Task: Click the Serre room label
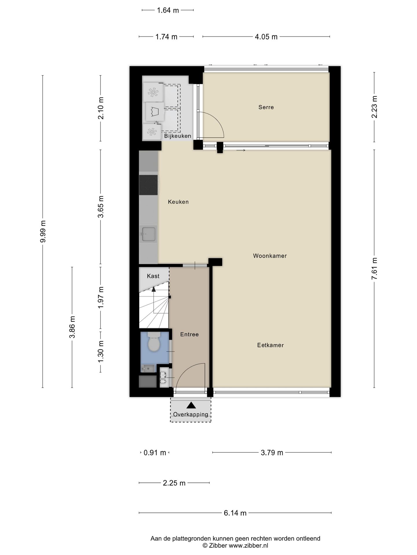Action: click(266, 107)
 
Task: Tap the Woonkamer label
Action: click(270, 256)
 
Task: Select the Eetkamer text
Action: click(270, 345)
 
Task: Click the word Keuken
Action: click(178, 202)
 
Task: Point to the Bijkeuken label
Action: click(178, 136)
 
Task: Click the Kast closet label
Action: click(153, 276)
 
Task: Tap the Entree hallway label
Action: click(189, 334)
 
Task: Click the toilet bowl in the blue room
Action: click(154, 344)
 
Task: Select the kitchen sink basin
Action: click(148, 234)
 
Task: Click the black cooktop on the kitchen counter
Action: click(148, 185)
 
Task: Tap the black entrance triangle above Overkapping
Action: click(191, 405)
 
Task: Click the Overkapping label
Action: click(191, 415)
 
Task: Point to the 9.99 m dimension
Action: click(43, 232)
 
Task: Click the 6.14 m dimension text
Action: click(235, 513)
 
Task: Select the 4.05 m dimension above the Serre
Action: click(266, 37)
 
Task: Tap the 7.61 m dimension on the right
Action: click(374, 269)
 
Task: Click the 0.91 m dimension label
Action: click(155, 453)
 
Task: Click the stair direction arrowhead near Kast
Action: click(153, 289)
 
